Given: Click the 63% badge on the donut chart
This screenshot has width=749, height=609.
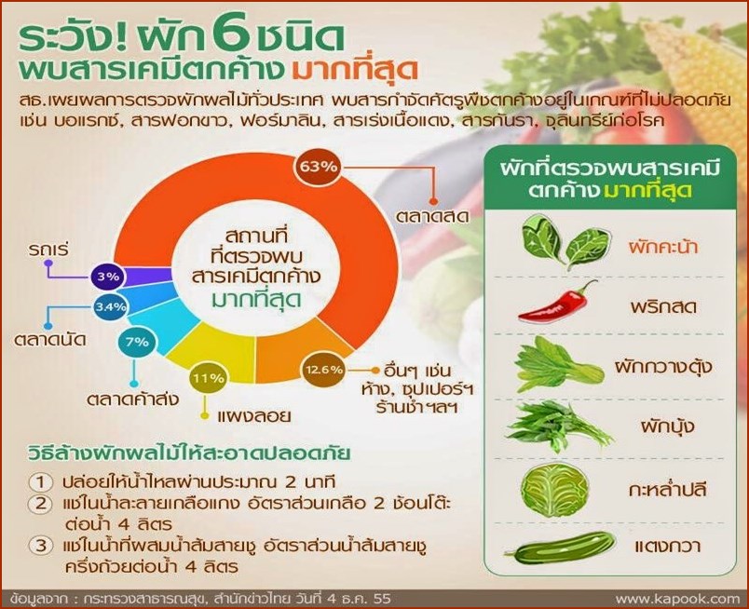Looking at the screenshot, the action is (x=318, y=167).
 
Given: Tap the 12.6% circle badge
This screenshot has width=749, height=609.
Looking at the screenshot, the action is (x=324, y=370).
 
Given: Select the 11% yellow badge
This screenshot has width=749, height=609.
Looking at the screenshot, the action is (x=209, y=378).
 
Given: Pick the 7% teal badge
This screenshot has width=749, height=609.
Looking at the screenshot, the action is (x=137, y=342).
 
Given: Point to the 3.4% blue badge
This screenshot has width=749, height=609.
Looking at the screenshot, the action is (x=110, y=306).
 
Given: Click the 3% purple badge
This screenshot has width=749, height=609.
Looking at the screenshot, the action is (x=108, y=276).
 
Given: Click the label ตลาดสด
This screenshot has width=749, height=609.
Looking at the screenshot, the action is (x=432, y=216).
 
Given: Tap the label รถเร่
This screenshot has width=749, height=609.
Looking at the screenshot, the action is (x=48, y=249).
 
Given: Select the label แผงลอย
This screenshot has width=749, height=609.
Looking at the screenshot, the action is (x=254, y=415).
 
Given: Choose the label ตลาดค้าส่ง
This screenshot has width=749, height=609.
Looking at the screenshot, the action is (x=133, y=398).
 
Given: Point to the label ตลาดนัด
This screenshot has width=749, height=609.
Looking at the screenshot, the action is (x=50, y=340).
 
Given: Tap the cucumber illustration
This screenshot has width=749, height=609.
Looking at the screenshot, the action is (x=559, y=547).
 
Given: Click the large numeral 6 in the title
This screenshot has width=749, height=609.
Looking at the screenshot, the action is (x=232, y=34).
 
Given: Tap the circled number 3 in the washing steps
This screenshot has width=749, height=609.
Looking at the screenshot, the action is (x=41, y=545).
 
